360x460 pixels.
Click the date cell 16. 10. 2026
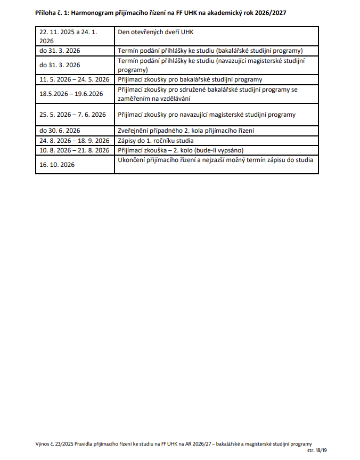pyautogui.click(x=57, y=165)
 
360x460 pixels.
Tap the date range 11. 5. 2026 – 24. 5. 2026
pyautogui.click(x=74, y=79)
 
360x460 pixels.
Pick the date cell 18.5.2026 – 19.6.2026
pyautogui.click(x=71, y=94)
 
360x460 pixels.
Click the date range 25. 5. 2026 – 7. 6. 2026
pyautogui.click(x=72, y=115)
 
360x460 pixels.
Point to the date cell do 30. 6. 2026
pyautogui.click(x=60, y=131)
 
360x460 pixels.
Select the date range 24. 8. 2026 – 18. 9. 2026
pyautogui.click(x=74, y=141)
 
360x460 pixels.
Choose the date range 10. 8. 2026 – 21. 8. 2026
pyautogui.click(x=74, y=150)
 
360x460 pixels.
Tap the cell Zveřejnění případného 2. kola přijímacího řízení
pyautogui.click(x=185, y=131)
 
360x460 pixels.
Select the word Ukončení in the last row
pyautogui.click(x=132, y=160)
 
